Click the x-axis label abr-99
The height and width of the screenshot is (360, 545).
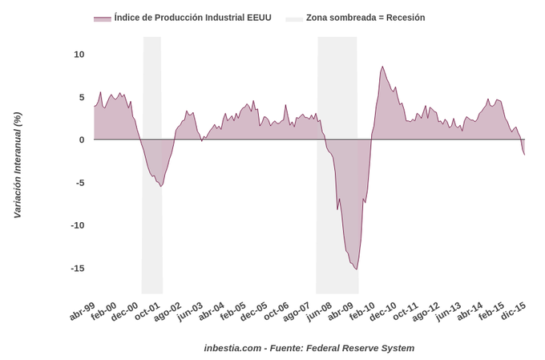(83, 311)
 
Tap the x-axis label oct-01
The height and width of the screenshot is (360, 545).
(147, 311)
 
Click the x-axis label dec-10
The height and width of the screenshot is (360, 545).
(383, 311)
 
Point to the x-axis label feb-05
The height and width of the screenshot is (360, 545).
(233, 311)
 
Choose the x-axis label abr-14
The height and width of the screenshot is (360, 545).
(470, 311)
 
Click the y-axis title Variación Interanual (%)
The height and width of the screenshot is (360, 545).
(18, 165)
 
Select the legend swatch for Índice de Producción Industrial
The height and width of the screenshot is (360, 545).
(102, 18)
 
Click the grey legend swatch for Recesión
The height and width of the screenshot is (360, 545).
(293, 18)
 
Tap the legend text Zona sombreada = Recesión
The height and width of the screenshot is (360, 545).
(365, 18)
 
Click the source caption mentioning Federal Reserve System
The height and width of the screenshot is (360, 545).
(309, 348)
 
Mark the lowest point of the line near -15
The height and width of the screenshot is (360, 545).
(357, 269)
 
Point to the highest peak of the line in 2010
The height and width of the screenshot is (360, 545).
(382, 67)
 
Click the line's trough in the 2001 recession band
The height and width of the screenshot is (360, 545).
(161, 186)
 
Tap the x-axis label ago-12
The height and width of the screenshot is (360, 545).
(426, 311)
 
